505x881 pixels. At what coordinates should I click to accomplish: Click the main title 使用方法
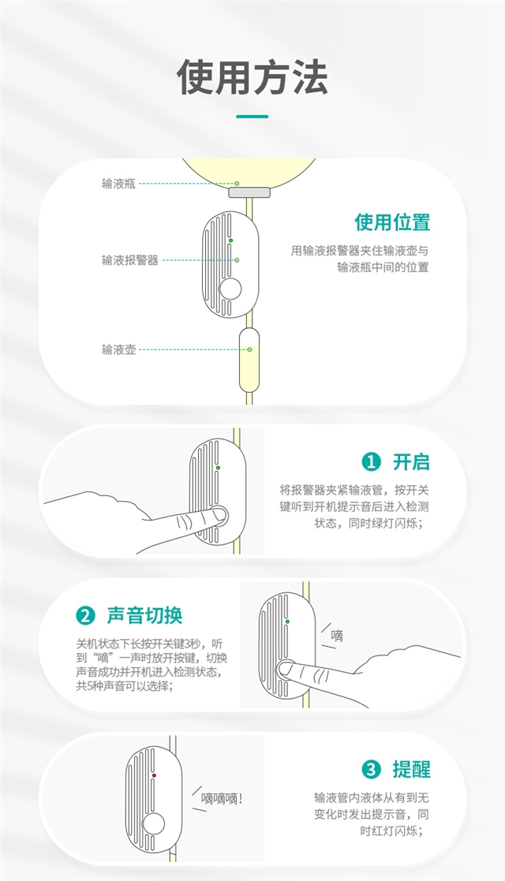pyautogui.click(x=252, y=77)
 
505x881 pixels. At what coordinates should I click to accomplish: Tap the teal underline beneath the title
pyautogui.click(x=252, y=117)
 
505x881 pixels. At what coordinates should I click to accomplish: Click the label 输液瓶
pyautogui.click(x=118, y=183)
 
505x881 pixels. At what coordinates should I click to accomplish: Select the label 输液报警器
pyautogui.click(x=129, y=259)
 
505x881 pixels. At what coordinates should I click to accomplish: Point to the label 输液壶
pyautogui.click(x=118, y=349)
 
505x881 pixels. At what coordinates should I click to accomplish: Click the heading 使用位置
pyautogui.click(x=391, y=222)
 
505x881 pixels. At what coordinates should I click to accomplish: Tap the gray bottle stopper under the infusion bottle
pyautogui.click(x=249, y=192)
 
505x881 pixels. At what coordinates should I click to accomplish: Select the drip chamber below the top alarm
pyautogui.click(x=249, y=360)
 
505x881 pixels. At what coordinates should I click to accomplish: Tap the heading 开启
pyautogui.click(x=411, y=462)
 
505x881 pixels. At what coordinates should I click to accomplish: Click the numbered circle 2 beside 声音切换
pyautogui.click(x=84, y=615)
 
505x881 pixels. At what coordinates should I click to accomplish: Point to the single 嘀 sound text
pyautogui.click(x=337, y=635)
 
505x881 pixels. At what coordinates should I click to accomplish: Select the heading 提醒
pyautogui.click(x=411, y=769)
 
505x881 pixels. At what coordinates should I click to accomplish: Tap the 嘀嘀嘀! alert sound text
pyautogui.click(x=222, y=797)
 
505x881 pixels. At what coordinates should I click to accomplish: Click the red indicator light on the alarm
pyautogui.click(x=154, y=775)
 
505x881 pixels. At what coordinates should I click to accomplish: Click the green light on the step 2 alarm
pyautogui.click(x=287, y=622)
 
